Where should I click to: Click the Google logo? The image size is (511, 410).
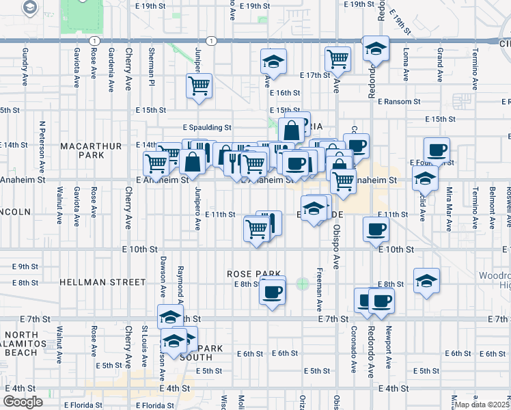pos(23,401)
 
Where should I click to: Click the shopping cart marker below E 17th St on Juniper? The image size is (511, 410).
pos(199,86)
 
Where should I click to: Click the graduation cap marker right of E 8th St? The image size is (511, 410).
pos(426,280)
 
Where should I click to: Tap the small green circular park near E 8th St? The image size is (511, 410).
pos(303,283)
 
